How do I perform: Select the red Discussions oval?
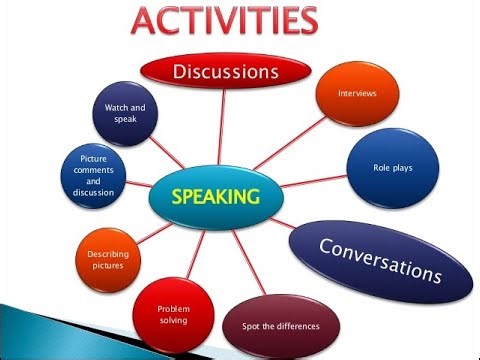pos(225,72)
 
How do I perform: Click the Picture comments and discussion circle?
pos(93,175)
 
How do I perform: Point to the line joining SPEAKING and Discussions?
pos(220,130)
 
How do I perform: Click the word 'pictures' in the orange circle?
pos(108,267)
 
